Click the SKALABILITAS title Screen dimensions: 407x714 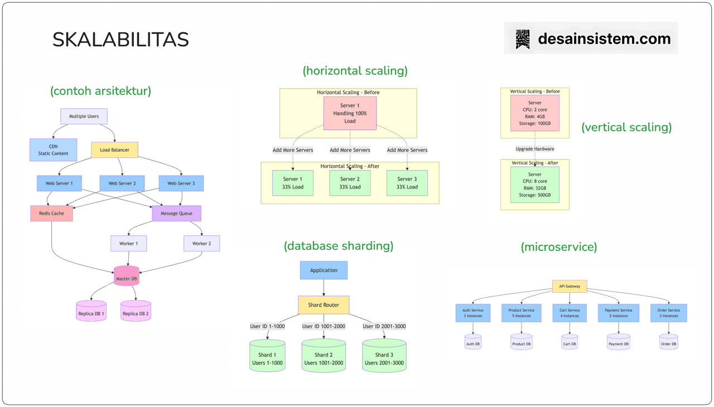coord(120,40)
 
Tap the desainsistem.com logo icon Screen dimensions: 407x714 coord(523,39)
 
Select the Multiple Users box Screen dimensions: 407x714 coord(84,117)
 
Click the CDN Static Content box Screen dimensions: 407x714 coord(53,150)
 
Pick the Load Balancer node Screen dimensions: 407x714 coord(114,150)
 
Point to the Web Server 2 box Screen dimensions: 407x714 coord(122,183)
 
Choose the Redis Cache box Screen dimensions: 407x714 coord(51,214)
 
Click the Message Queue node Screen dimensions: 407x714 coord(176,214)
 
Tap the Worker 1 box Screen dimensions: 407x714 coord(128,244)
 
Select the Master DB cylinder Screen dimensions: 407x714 coord(127,277)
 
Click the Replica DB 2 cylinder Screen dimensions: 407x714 coord(136,312)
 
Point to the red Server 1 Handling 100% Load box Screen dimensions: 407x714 coord(350,113)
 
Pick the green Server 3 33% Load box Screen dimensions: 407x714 coord(407,183)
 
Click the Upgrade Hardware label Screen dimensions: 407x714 coord(534,149)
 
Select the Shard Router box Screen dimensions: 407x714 coord(324,305)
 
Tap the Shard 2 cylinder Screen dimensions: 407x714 coord(324,357)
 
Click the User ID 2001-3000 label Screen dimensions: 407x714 coord(384,327)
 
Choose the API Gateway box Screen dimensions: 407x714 coord(570,287)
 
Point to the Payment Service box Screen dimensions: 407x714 coord(618,313)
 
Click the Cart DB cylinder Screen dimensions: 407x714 coord(570,342)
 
